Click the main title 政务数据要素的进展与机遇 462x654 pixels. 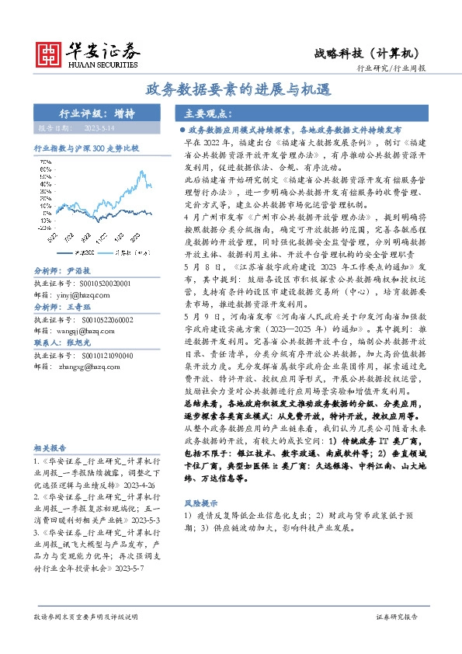231,89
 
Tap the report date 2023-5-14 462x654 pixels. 99,128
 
